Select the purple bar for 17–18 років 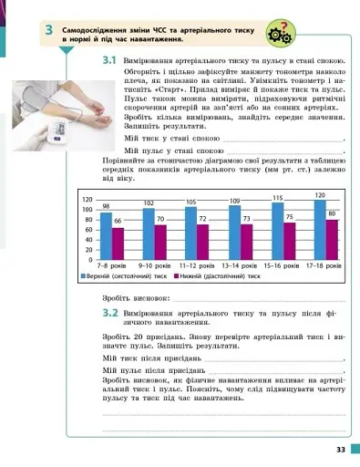point(332,240)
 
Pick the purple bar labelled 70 point(160,243)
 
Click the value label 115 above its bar point(278,197)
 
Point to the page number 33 point(339,448)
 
